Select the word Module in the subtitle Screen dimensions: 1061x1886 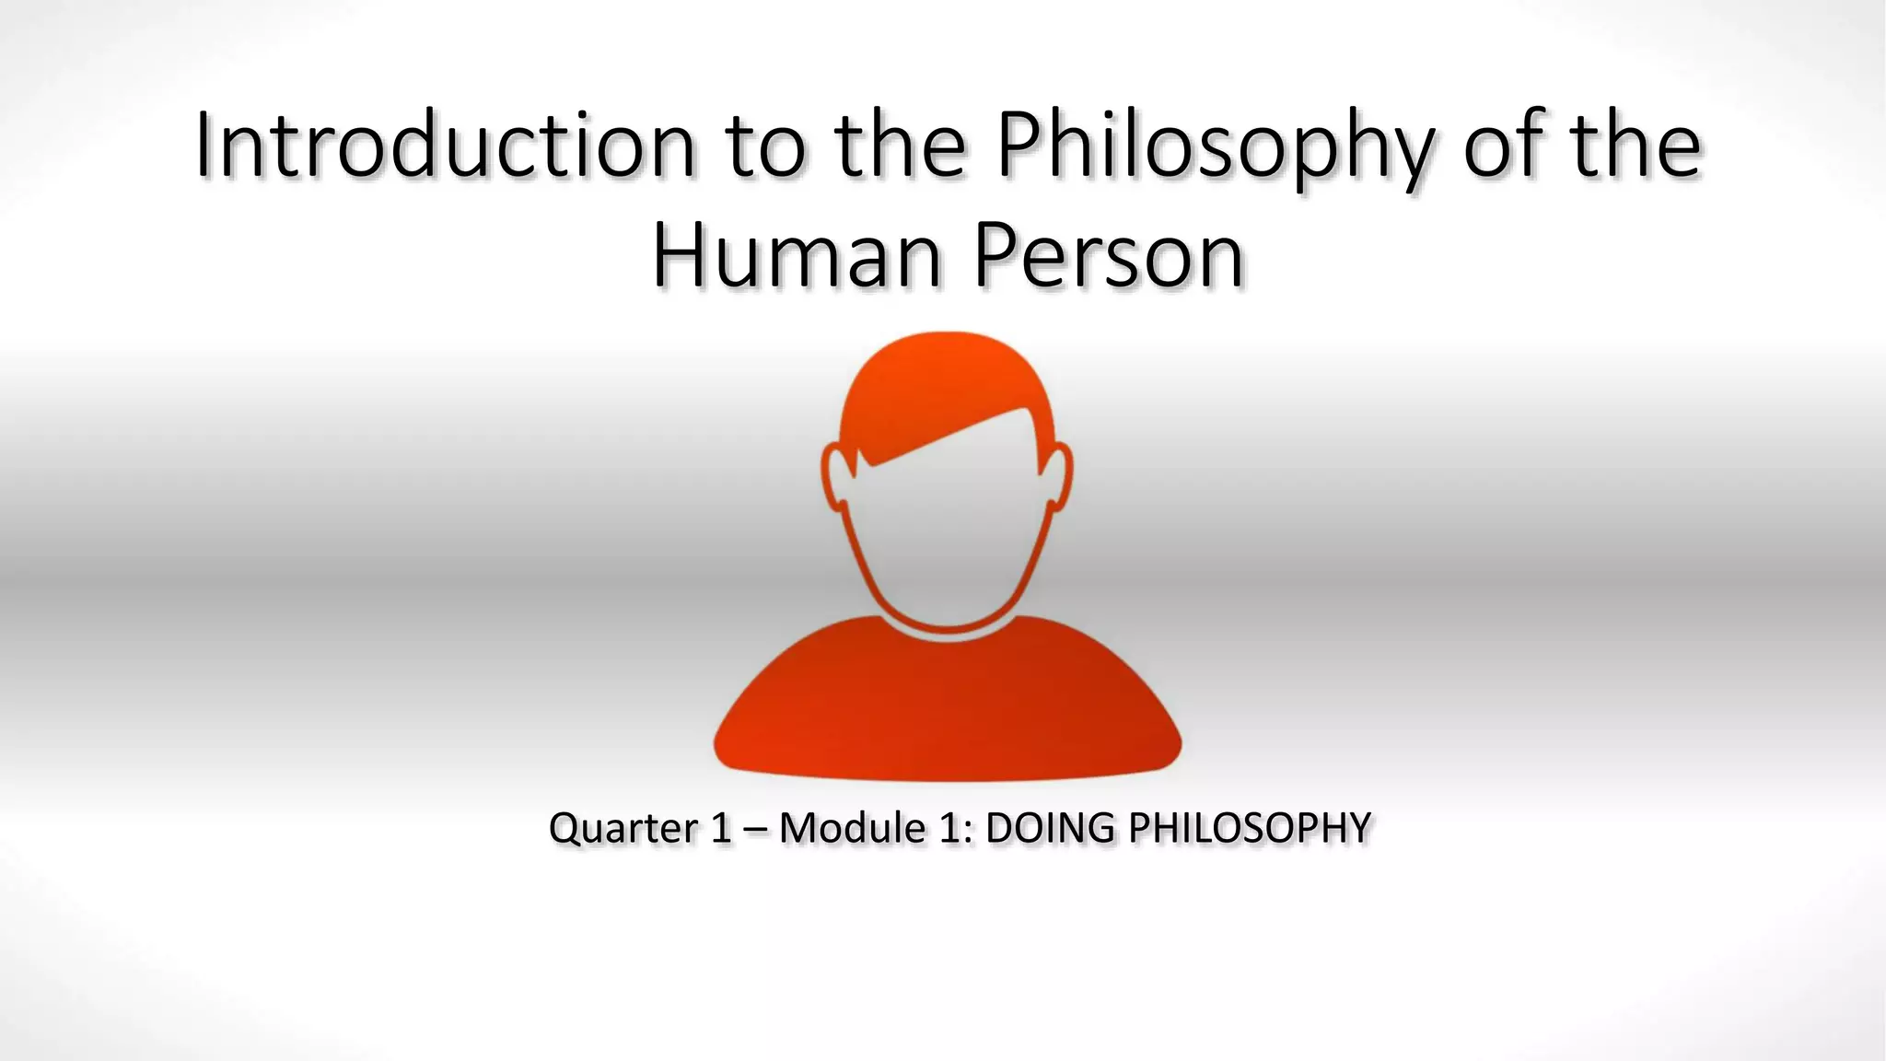[852, 828]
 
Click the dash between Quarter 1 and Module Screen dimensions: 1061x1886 [755, 828]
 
